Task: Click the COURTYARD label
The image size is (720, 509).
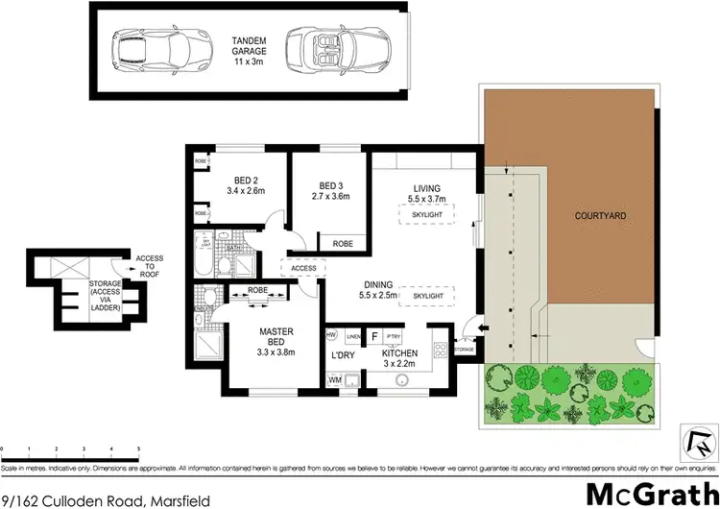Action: [x=600, y=216]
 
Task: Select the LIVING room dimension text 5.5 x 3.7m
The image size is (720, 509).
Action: [x=426, y=200]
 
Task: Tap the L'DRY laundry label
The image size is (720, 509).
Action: [x=344, y=357]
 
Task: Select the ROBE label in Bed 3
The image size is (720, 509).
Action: [x=342, y=244]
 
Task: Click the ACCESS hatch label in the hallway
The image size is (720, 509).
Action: [x=303, y=269]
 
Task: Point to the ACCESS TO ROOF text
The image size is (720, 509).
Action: [x=149, y=266]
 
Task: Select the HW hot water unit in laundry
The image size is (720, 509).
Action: [x=331, y=335]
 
